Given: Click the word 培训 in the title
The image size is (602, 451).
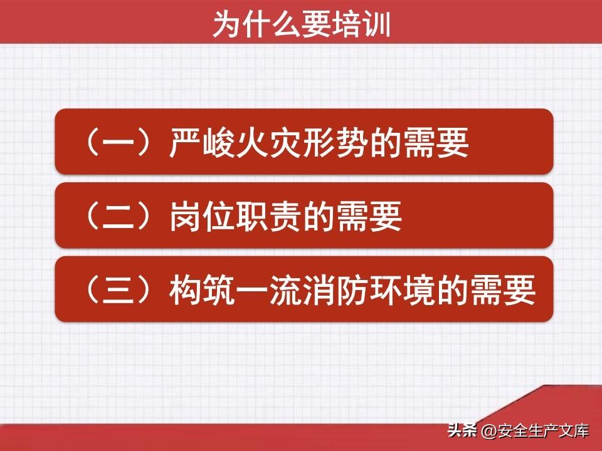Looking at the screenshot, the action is tap(362, 24).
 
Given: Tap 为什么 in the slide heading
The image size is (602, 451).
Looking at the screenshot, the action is tap(257, 24).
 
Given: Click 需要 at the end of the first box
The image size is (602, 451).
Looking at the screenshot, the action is tap(436, 142).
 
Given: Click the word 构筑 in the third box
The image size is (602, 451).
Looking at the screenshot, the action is tap(202, 289).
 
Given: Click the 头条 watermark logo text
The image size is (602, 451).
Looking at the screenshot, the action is tap(462, 430).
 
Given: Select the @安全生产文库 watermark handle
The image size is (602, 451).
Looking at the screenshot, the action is tap(535, 431).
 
